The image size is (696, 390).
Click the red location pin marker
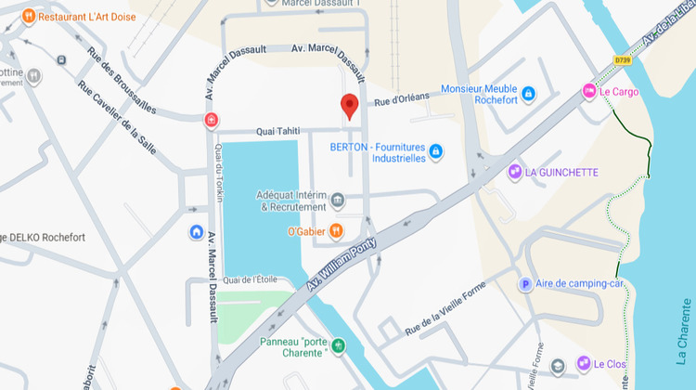pos(349,106)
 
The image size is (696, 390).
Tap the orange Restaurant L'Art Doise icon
pos(29,16)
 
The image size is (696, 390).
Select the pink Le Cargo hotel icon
pos(588,91)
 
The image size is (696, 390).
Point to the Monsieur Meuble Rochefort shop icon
pos(528,94)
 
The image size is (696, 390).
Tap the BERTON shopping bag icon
pos(435,151)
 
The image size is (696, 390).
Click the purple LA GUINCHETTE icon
pos(514,172)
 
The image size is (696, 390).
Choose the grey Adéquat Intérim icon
pos(338,200)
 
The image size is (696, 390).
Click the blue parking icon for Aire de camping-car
pos(526,284)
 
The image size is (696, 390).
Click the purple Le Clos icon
pos(583,363)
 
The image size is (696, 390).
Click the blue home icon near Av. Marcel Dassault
pos(196,231)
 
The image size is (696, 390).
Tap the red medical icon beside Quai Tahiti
pos(212,121)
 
